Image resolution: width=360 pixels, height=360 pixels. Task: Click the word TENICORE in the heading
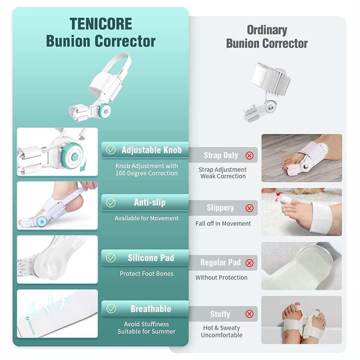pos(101,24)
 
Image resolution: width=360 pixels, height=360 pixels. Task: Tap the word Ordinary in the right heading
pos(267,30)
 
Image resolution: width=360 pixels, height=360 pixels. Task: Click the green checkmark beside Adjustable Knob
pos(111,150)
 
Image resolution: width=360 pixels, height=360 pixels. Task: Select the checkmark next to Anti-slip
pos(111,203)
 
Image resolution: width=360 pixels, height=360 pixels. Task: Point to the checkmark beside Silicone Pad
pos(111,258)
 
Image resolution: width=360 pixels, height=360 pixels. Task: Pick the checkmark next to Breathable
pos(111,309)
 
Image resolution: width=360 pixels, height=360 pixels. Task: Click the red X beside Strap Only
pos(249,156)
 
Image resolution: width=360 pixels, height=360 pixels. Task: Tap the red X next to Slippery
pos(249,208)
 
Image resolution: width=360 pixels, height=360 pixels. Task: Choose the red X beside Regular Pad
pos(249,263)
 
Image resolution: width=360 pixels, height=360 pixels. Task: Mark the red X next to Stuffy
pos(249,314)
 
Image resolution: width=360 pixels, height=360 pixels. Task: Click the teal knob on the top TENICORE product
pos(105,111)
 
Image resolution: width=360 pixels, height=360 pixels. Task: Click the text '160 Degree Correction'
pos(146,173)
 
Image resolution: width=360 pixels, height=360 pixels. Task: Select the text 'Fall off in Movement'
pos(223,223)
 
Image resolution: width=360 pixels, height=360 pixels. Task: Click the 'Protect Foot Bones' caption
pos(146,274)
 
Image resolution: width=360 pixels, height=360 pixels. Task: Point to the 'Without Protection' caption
pos(222,277)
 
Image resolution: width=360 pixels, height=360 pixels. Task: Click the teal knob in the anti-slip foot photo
pos(42,222)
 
